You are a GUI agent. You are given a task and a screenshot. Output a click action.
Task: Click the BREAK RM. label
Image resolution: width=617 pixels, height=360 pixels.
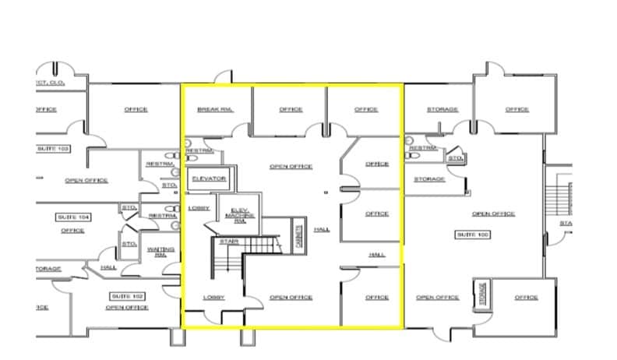click(x=213, y=109)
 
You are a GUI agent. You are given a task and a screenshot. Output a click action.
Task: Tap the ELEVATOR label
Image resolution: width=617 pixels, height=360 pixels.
click(x=209, y=178)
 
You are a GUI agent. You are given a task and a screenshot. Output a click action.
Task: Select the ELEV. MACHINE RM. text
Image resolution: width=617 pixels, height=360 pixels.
click(x=239, y=214)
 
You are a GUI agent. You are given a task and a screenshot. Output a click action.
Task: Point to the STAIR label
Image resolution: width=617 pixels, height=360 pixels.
click(x=228, y=242)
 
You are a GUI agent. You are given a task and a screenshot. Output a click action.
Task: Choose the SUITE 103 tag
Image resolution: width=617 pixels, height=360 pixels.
click(x=54, y=148)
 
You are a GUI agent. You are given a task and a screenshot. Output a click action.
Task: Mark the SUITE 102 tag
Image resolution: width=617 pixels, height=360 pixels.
click(x=127, y=296)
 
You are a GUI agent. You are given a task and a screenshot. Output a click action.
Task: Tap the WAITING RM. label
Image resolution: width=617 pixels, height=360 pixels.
click(x=160, y=252)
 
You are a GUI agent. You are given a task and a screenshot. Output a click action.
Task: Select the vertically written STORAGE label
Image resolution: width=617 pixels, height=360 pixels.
click(x=482, y=293)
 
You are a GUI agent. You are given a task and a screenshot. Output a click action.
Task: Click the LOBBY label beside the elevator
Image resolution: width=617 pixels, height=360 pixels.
click(x=199, y=208)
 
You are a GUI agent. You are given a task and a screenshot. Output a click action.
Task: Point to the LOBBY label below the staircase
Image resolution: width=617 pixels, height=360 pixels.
click(x=214, y=297)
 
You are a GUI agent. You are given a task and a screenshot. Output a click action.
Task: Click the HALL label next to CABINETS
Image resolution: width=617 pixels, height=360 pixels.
click(x=322, y=230)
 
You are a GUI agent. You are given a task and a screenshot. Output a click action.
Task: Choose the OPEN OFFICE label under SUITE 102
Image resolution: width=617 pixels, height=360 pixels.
click(x=127, y=307)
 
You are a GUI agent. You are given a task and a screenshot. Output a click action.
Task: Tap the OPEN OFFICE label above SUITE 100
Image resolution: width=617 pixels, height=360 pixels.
click(x=493, y=214)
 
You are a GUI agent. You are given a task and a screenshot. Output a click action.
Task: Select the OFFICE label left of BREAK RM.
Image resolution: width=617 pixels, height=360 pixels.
click(x=136, y=109)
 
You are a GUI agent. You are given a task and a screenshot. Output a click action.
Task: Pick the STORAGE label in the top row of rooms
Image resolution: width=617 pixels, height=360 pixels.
click(x=442, y=109)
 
